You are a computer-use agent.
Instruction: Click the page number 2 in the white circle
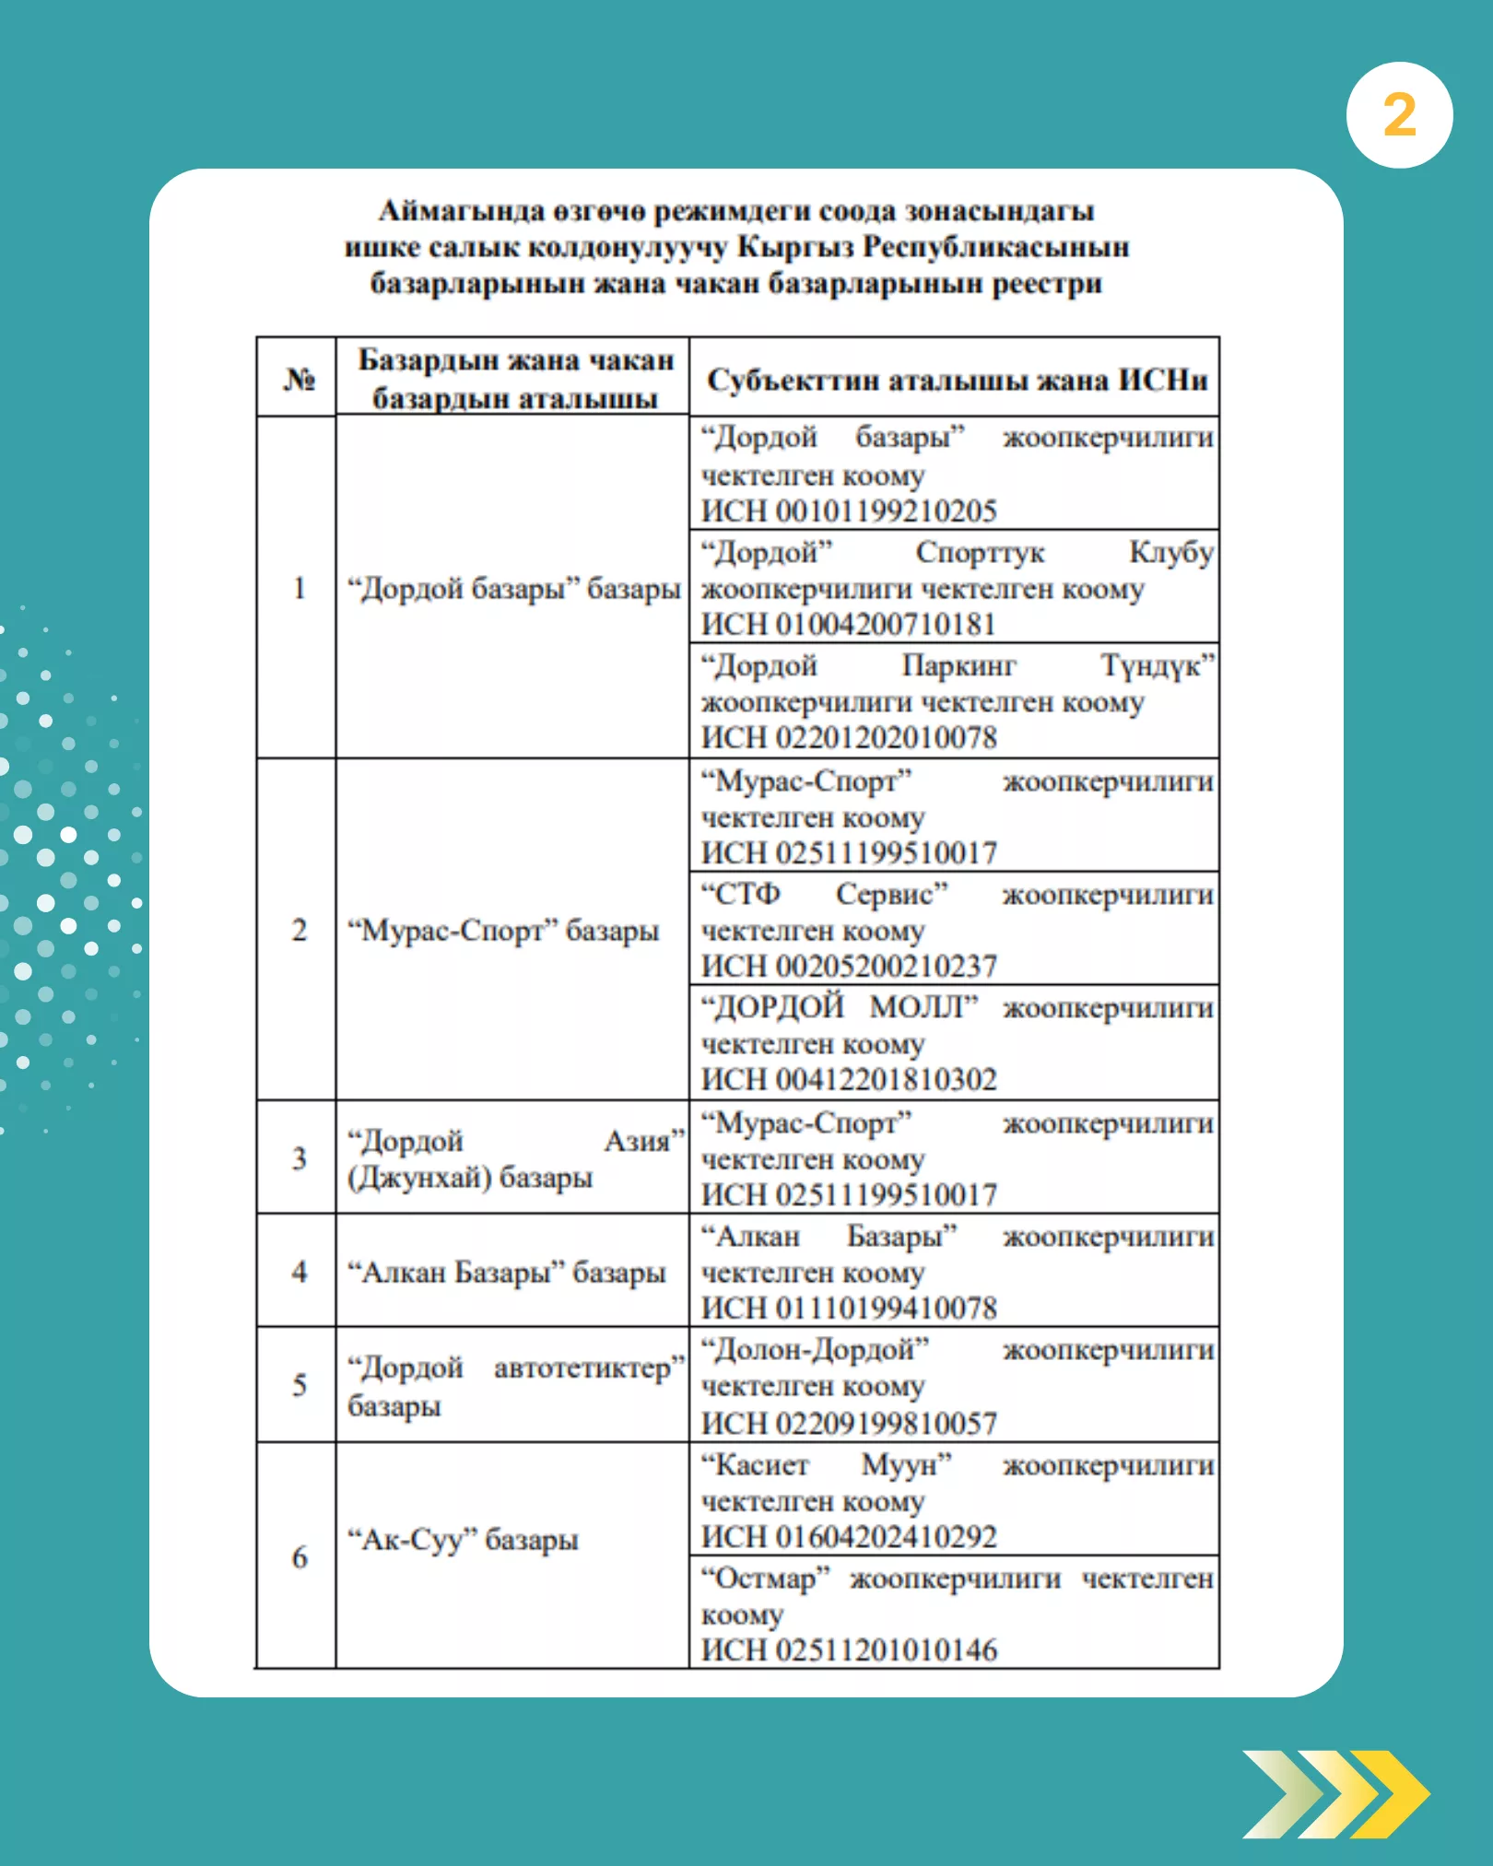pyautogui.click(x=1399, y=115)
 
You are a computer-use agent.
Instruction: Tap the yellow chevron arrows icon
pyautogui.click(x=1335, y=1793)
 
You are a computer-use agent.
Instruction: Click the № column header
pyautogui.click(x=299, y=378)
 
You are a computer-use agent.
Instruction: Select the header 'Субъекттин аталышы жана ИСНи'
pyautogui.click(x=957, y=380)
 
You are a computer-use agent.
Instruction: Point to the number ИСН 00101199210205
pyautogui.click(x=849, y=511)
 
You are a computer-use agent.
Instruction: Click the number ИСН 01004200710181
pyautogui.click(x=849, y=624)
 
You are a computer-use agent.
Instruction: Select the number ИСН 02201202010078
pyautogui.click(x=849, y=737)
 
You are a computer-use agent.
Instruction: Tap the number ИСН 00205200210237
pyautogui.click(x=849, y=966)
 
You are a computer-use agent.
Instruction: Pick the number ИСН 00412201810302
pyautogui.click(x=849, y=1079)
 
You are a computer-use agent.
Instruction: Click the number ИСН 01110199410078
pyautogui.click(x=849, y=1308)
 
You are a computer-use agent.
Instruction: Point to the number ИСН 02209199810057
pyautogui.click(x=849, y=1423)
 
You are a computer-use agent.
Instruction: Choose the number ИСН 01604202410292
pyautogui.click(x=849, y=1536)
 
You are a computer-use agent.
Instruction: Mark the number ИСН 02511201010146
pyautogui.click(x=849, y=1649)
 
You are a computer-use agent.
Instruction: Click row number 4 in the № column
pyautogui.click(x=299, y=1272)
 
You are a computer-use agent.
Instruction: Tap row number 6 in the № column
pyautogui.click(x=299, y=1557)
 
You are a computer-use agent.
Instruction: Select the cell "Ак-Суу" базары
pyautogui.click(x=463, y=1539)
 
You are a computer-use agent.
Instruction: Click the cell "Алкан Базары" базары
pyautogui.click(x=506, y=1273)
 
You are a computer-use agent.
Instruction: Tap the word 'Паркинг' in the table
pyautogui.click(x=958, y=665)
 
